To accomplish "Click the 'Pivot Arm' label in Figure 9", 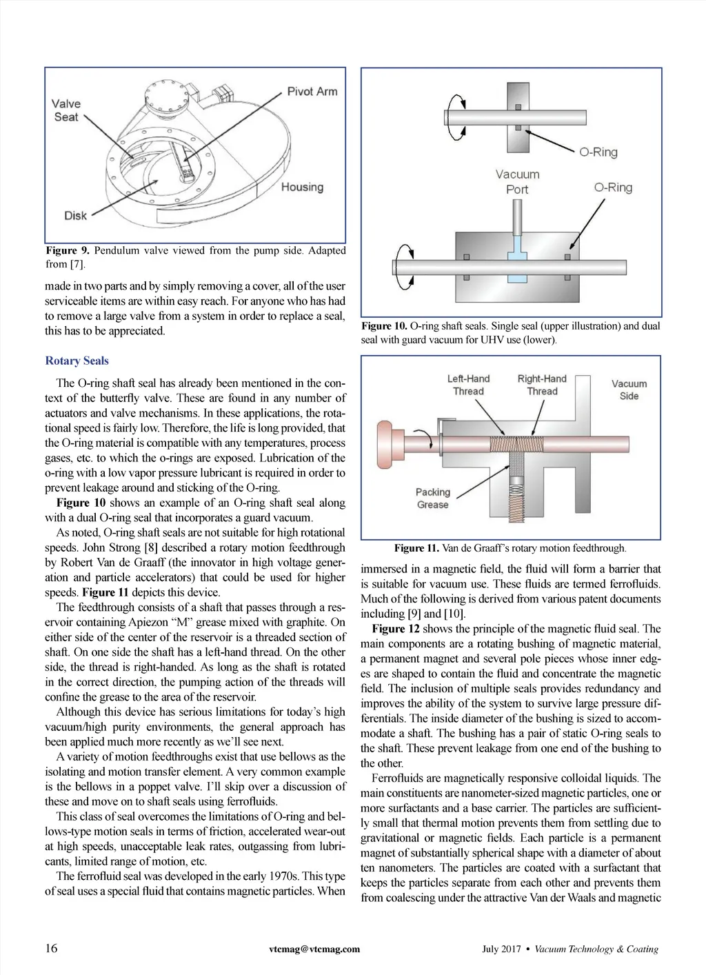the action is pos(312,92).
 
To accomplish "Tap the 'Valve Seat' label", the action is pos(66,110).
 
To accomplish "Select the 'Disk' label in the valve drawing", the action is pos(75,215).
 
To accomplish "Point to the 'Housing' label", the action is pos(303,187).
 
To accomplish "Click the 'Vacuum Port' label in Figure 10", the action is pos(517,182).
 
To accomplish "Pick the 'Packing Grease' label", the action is pos(433,499).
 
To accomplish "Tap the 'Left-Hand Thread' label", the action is pos(468,385).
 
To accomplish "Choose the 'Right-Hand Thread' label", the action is pos(542,385).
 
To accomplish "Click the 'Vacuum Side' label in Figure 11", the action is pos(629,390).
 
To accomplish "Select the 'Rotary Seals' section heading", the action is pos(77,361).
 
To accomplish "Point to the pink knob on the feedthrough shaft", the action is pos(385,444).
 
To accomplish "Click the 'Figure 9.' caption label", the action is pos(68,250).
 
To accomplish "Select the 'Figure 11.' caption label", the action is pos(416,548).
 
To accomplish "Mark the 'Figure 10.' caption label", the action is pos(384,326).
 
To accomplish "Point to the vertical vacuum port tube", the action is pos(517,218).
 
